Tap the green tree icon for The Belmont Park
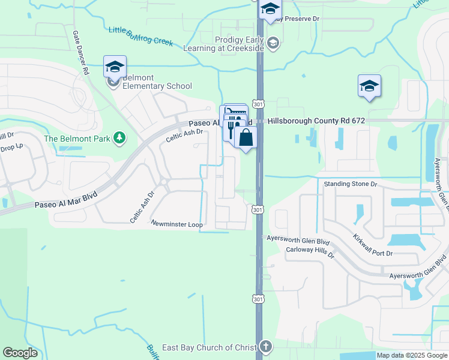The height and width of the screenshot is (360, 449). (120, 139)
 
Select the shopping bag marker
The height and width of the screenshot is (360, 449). (246, 138)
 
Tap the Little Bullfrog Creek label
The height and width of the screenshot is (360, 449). (140, 36)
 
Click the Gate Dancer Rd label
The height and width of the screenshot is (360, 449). (80, 53)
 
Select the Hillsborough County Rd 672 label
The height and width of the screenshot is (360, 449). (316, 121)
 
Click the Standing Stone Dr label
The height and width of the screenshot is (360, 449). (350, 184)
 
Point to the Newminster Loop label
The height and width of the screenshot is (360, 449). (177, 224)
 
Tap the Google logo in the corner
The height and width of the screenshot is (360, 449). (20, 353)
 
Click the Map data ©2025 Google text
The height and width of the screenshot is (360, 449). (412, 355)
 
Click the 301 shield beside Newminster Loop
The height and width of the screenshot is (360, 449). (257, 209)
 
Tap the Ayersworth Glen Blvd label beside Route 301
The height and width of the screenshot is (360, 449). (295, 238)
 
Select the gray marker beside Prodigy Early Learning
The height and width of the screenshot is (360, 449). (274, 43)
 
